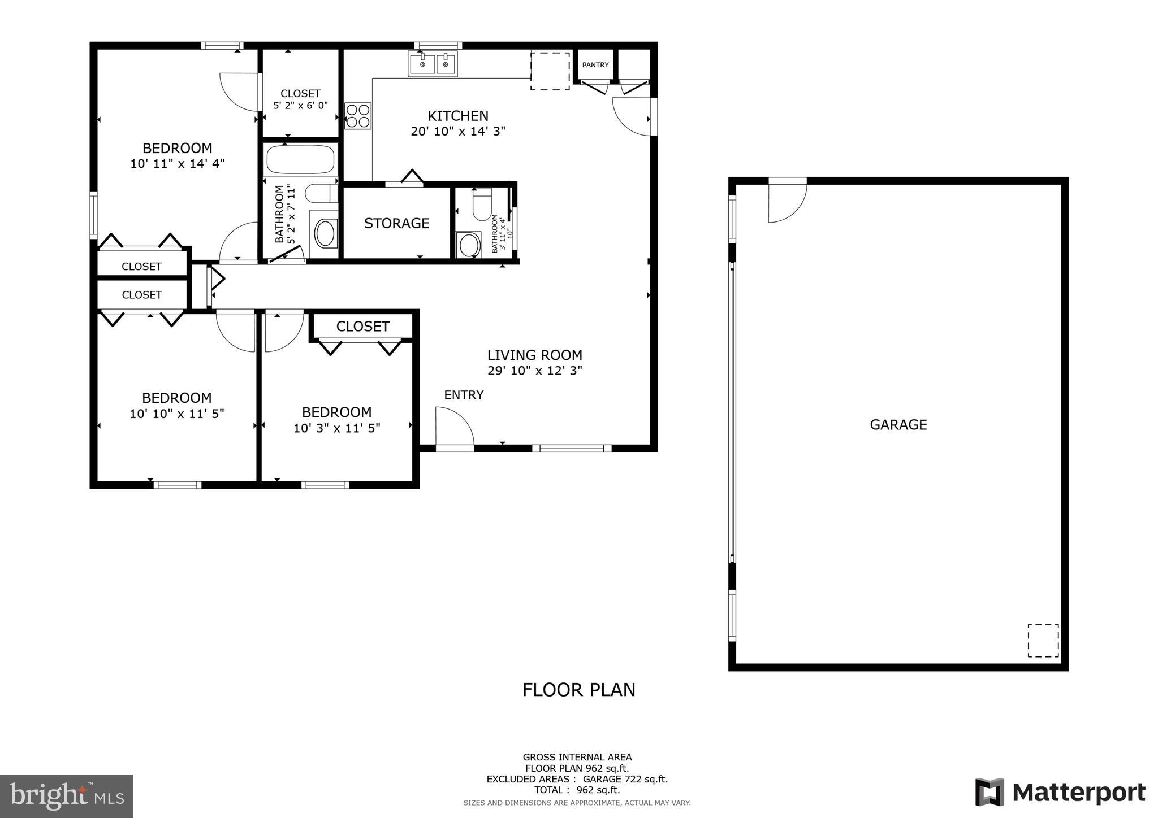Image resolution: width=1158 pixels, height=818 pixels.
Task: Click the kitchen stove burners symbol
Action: pos(358,116)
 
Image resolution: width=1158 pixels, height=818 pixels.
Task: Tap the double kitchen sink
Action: pos(433,64)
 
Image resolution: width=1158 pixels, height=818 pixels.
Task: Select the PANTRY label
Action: pos(595,65)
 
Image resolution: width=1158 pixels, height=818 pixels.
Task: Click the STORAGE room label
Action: pos(396,223)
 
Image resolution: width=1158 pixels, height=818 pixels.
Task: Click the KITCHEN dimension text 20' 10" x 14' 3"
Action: pos(457,132)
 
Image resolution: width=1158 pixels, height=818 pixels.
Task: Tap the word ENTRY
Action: pos(464,395)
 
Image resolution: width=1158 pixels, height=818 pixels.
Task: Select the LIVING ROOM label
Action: pos(534,355)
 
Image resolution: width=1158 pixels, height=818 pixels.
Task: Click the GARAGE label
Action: pos(898,425)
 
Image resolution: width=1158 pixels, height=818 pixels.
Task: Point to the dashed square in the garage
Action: pos(1043,640)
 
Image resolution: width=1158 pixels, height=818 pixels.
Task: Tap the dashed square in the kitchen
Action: pos(550,71)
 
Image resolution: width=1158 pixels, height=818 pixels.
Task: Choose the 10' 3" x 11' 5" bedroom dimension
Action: pos(336,428)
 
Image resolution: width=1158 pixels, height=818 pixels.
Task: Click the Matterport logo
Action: pos(1060,792)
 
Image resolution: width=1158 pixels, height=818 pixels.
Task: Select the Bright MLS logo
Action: pos(66,796)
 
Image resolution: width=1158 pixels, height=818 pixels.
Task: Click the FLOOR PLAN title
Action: pos(578,690)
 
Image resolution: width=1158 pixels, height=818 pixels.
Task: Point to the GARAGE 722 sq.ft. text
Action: pos(625,779)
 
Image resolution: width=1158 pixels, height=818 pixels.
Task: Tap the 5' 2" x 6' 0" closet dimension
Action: pos(300,106)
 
